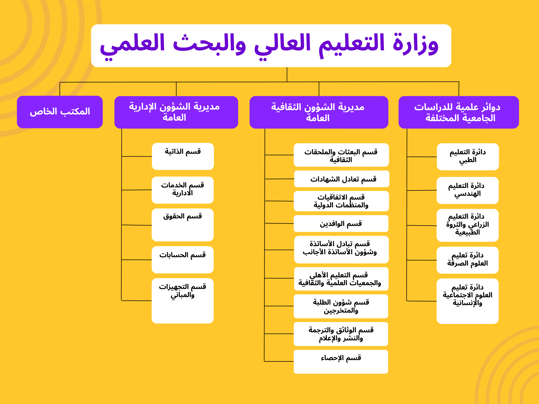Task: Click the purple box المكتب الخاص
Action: [x=60, y=112]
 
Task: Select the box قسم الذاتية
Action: [x=183, y=156]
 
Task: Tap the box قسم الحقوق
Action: [x=183, y=225]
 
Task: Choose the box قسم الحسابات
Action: [x=183, y=259]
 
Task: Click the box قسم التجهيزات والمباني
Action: [x=183, y=301]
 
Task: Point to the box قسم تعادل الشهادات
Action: [x=342, y=179]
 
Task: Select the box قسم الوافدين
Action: [x=341, y=224]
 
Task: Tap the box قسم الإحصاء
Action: [x=341, y=361]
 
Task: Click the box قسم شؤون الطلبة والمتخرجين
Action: [x=341, y=306]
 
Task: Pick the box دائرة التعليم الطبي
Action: [x=468, y=157]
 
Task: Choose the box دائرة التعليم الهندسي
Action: [x=468, y=190]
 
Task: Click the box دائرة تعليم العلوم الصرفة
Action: [x=468, y=260]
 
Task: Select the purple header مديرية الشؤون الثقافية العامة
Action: [x=319, y=112]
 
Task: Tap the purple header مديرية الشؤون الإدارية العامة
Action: [x=176, y=112]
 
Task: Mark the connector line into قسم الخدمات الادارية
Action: [x=137, y=190]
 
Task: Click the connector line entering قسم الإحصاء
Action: [x=279, y=361]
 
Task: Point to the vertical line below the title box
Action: [x=287, y=74]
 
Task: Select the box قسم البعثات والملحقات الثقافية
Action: [x=341, y=155]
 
